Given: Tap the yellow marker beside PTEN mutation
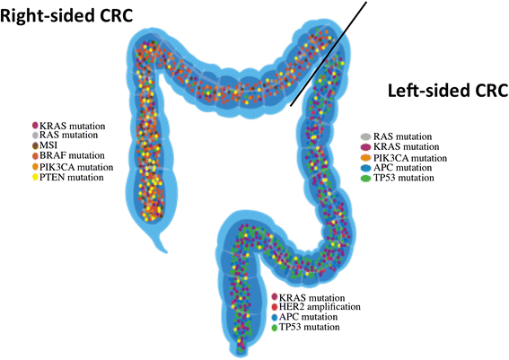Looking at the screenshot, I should tap(35, 178).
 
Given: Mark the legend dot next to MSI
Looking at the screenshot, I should tap(35, 145).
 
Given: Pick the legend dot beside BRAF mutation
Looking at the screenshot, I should tap(35, 155).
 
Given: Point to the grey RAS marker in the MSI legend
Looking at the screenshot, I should tap(35, 134).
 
